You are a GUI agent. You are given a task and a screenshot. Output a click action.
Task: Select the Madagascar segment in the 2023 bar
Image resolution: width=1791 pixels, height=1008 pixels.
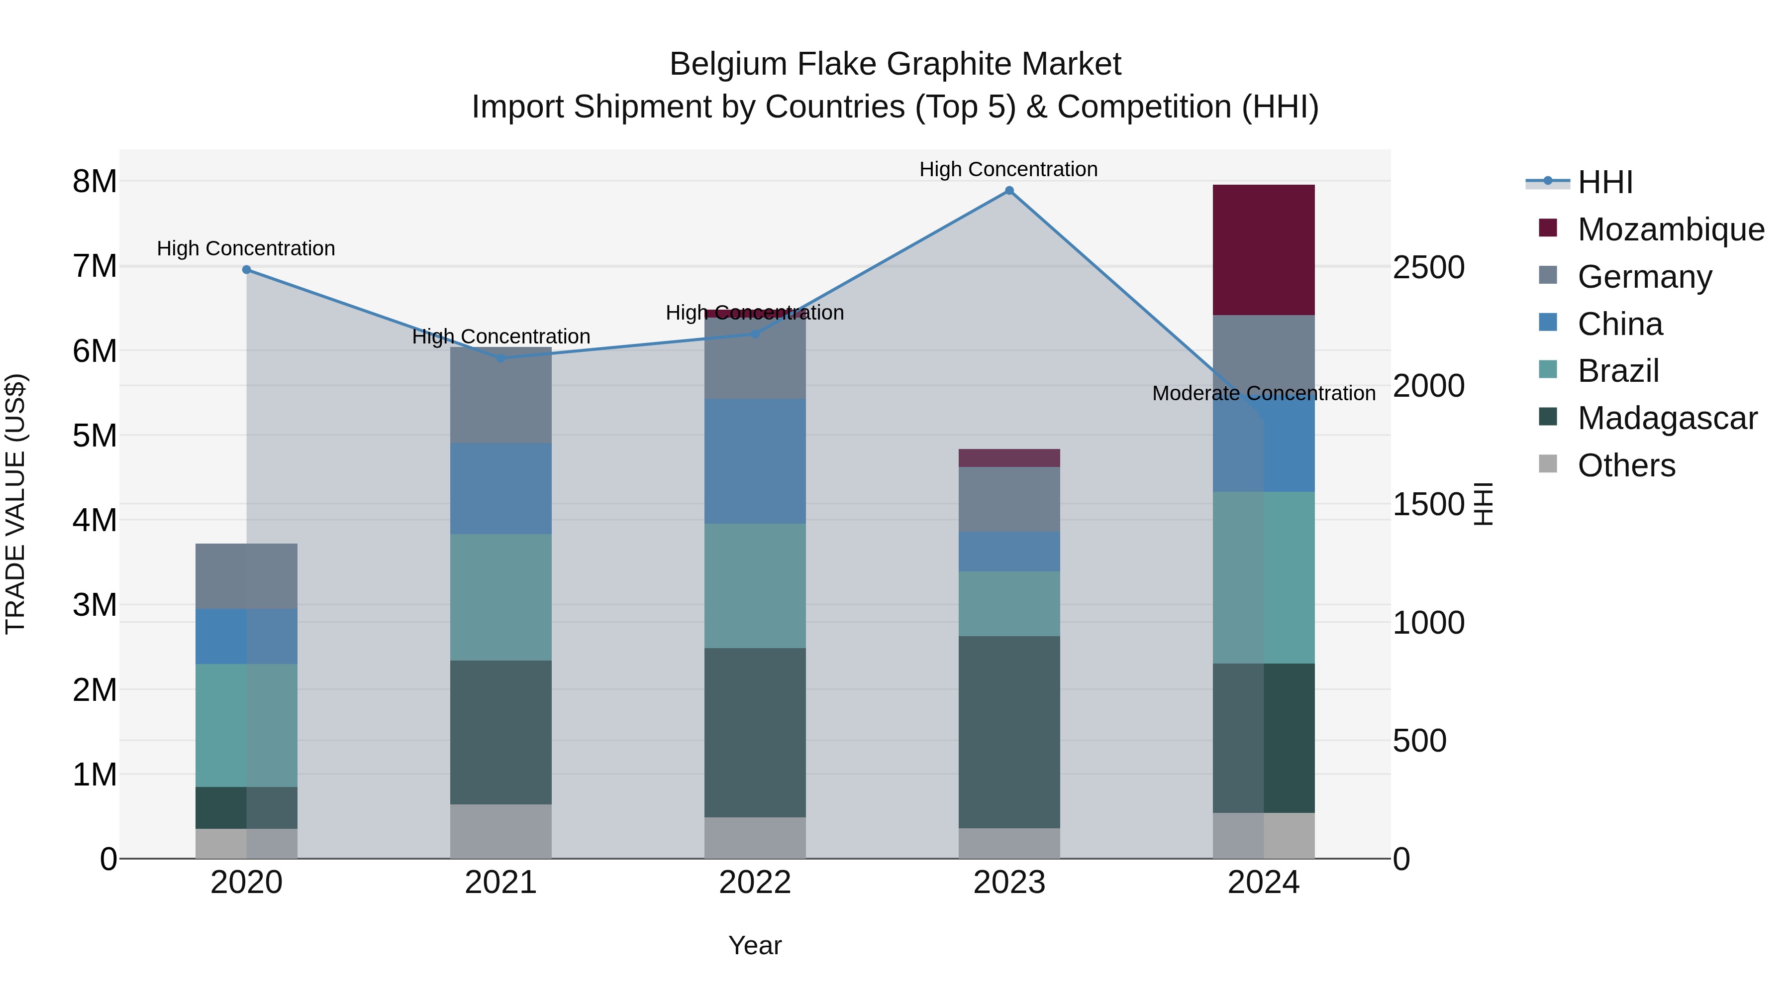coord(1009,731)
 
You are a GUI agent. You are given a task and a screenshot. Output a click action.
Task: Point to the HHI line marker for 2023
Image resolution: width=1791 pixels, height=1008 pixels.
coord(1009,191)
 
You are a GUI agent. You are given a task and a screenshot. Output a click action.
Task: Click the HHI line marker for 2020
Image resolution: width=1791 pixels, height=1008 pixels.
coord(246,269)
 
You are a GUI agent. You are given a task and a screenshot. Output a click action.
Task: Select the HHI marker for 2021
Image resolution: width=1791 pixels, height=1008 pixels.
coord(500,358)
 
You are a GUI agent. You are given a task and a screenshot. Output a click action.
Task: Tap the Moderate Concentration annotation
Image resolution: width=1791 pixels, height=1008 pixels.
coord(1263,393)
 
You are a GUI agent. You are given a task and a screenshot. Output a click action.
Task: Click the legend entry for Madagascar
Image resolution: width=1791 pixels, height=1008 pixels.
coord(1667,418)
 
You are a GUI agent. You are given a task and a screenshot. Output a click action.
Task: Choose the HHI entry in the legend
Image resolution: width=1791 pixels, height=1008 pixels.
coord(1604,182)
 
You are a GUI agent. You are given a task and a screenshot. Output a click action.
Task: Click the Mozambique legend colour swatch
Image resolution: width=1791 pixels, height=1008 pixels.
coord(1548,228)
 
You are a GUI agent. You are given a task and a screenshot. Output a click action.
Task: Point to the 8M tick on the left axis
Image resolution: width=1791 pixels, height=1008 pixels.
coord(95,182)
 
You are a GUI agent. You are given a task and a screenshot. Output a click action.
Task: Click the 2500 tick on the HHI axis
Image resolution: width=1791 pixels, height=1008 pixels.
coord(1428,268)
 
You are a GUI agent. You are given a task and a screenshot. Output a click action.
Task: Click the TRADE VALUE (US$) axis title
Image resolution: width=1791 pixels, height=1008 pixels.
coord(15,504)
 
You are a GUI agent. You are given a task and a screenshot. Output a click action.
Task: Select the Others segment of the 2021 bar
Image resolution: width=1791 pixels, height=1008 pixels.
coord(500,831)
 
